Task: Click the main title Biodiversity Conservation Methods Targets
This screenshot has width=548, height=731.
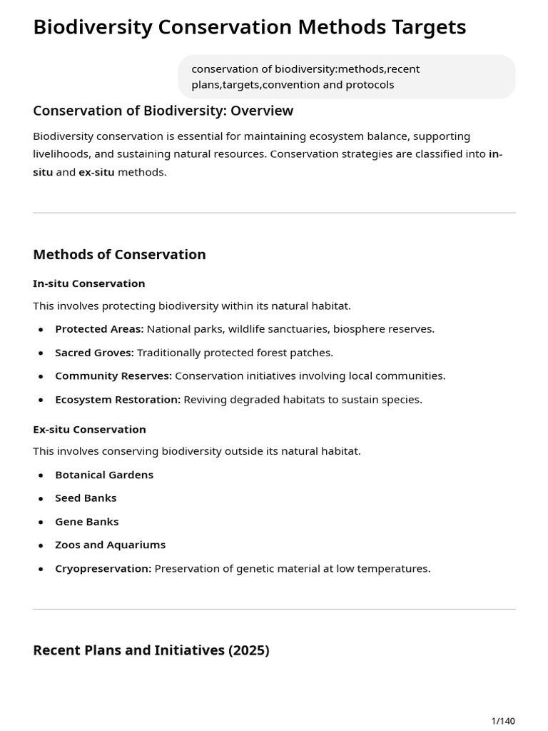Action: [x=249, y=27]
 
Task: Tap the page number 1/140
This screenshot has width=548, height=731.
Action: [x=503, y=721]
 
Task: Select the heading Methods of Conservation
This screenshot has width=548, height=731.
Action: [x=119, y=255]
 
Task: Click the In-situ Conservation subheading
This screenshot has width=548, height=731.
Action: [x=88, y=283]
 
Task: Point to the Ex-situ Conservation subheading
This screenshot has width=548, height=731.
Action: [x=89, y=429]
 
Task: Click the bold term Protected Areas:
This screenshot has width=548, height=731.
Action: [x=99, y=329]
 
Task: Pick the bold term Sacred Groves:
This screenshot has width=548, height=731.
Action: [x=94, y=353]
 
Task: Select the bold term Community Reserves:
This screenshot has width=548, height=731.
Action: [x=113, y=375]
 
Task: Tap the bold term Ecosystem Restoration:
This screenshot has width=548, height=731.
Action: [x=118, y=399]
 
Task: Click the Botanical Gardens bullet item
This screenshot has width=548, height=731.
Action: [x=104, y=475]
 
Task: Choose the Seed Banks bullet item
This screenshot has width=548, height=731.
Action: [x=86, y=498]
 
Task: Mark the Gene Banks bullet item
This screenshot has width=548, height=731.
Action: [x=87, y=521]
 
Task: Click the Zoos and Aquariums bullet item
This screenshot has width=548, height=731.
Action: [x=110, y=545]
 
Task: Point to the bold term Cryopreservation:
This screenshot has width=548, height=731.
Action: [x=103, y=568]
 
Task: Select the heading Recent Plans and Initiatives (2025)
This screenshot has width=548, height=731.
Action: [x=151, y=650]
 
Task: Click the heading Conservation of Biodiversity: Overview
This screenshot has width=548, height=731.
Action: [x=163, y=111]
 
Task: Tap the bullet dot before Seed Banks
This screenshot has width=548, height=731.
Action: [x=41, y=498]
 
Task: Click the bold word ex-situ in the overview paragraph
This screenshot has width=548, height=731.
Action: [x=96, y=172]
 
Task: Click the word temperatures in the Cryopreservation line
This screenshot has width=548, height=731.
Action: [x=396, y=568]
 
